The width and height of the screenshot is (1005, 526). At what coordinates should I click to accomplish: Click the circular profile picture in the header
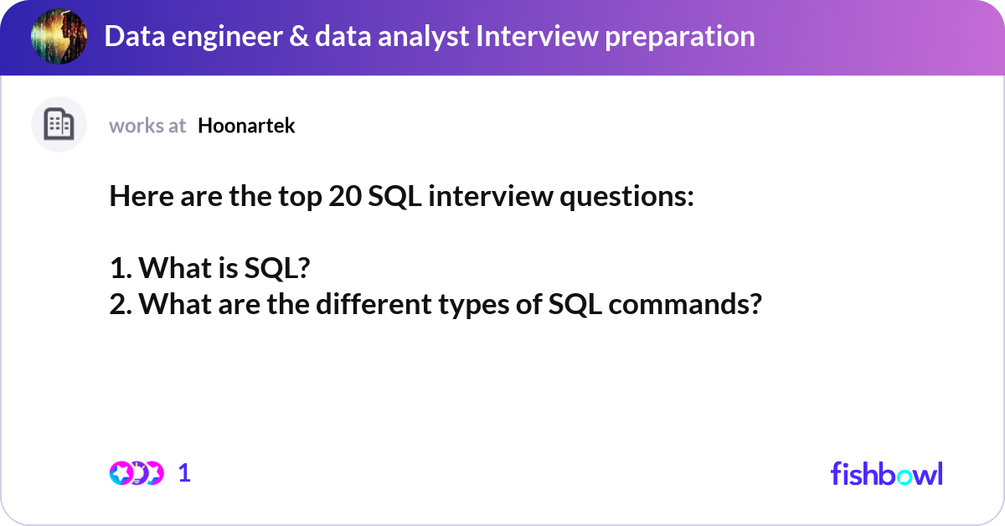tap(59, 37)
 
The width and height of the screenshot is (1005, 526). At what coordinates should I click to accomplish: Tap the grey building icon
tap(59, 125)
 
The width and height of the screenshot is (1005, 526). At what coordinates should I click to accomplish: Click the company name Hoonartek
tap(246, 126)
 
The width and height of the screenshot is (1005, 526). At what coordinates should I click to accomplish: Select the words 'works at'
tap(147, 126)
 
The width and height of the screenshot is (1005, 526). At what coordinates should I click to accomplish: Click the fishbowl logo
tap(886, 473)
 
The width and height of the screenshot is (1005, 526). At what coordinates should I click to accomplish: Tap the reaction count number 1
tap(185, 473)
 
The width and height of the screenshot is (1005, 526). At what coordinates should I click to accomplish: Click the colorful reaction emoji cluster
tap(137, 473)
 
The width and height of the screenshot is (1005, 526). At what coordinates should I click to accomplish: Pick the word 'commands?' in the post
tap(684, 304)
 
